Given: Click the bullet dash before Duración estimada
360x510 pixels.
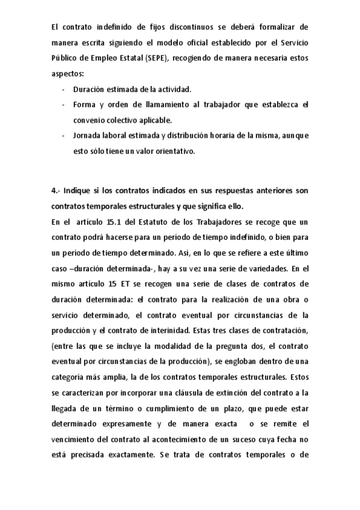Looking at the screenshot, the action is pos(63,90).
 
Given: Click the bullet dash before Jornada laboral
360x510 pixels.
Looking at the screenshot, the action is pos(63,135).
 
